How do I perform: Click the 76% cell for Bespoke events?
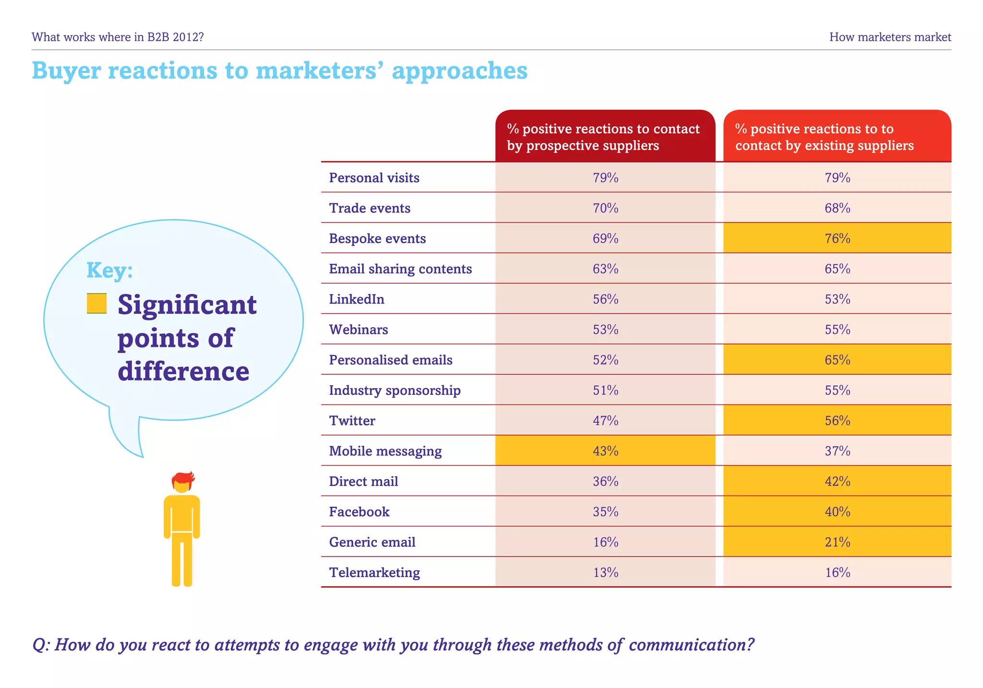click(x=837, y=238)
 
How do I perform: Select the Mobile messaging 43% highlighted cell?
click(x=605, y=451)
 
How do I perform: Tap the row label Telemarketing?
click(x=374, y=572)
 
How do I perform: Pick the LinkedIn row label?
click(x=357, y=299)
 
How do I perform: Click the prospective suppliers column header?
click(x=604, y=137)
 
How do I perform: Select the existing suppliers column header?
click(x=837, y=137)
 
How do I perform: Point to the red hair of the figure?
click(x=183, y=478)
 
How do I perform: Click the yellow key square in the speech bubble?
click(x=96, y=304)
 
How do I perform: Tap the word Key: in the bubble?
click(x=109, y=270)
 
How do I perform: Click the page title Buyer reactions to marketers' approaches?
click(x=280, y=71)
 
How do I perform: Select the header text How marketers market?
click(x=890, y=37)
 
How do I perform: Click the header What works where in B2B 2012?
click(x=118, y=37)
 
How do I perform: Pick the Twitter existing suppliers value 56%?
click(x=837, y=421)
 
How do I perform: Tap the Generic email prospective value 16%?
click(x=605, y=542)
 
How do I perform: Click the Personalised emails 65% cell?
click(x=837, y=360)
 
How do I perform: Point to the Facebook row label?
click(x=359, y=512)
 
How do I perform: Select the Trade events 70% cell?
click(x=605, y=208)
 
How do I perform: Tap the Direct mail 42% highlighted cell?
click(x=837, y=481)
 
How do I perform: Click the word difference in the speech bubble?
click(x=183, y=371)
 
